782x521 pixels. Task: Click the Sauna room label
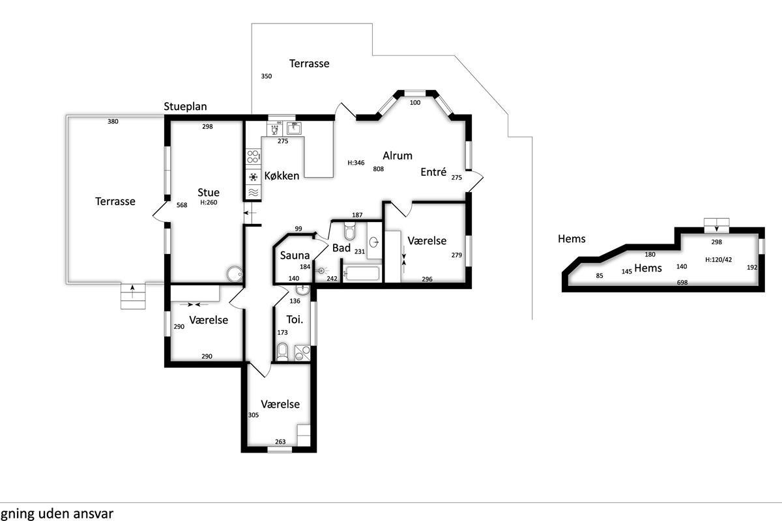[295, 255]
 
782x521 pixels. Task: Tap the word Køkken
[282, 176]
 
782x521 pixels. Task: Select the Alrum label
[398, 156]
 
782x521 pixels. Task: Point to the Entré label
[433, 172]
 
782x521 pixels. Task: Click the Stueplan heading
[185, 106]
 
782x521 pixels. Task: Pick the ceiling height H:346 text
[356, 163]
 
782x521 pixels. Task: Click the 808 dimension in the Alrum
[378, 169]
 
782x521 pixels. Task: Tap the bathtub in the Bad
[361, 274]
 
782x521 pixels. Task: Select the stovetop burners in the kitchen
[253, 157]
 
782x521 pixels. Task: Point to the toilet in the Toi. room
[282, 352]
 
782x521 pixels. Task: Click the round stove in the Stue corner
[234, 274]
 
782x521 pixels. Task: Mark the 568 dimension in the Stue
[182, 205]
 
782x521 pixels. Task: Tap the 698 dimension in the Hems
[682, 283]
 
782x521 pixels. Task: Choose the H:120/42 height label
[718, 260]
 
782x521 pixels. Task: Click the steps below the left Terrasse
[133, 296]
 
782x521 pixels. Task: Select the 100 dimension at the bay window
[414, 103]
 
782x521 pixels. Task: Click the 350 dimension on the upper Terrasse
[267, 76]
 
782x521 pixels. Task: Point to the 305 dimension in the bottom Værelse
[253, 415]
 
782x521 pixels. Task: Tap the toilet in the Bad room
[349, 231]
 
